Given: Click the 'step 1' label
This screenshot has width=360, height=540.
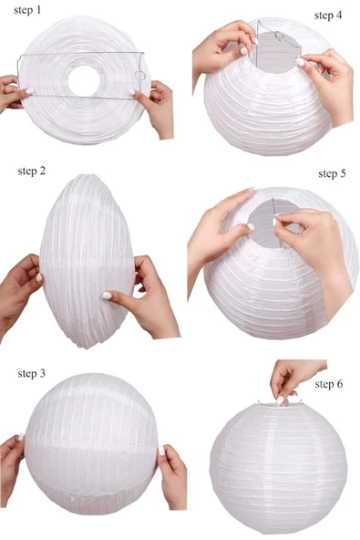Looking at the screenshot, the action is click(27, 10).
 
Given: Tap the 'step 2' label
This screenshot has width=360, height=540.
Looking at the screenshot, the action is click(31, 171).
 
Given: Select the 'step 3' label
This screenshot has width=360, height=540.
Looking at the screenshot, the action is click(31, 373).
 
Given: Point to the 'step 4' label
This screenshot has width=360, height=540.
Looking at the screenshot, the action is click(328, 16).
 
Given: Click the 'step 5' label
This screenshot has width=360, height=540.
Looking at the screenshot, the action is click(332, 173).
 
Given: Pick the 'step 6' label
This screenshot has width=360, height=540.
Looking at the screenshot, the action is click(329, 384).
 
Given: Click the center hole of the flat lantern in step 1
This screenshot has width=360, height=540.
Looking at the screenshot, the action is click(84, 80).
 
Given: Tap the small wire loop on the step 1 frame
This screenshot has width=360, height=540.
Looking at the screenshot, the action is click(139, 76).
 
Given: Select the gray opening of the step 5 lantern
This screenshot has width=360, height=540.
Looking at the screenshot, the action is click(273, 223).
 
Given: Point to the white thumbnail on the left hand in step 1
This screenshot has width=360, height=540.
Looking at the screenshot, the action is click(29, 91).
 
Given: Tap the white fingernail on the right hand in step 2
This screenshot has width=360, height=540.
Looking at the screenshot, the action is click(107, 296).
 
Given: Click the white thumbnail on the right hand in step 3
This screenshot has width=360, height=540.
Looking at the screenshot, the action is click(161, 451).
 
